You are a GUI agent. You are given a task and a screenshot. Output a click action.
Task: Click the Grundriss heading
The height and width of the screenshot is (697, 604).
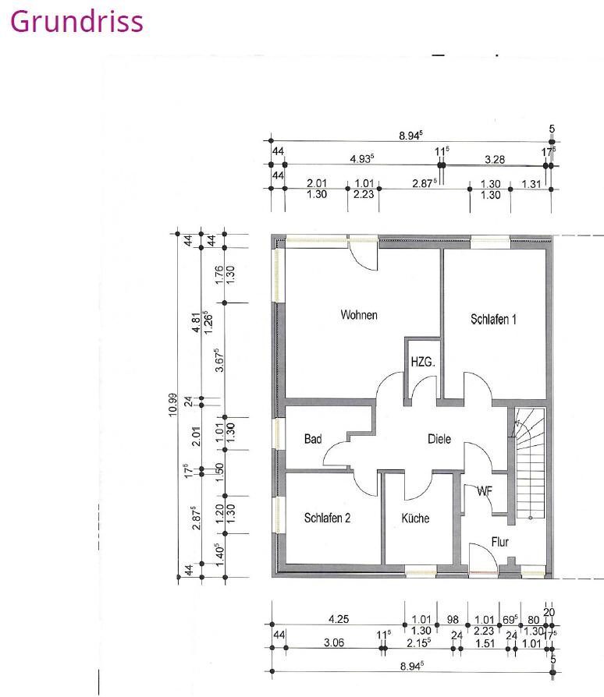click(76, 21)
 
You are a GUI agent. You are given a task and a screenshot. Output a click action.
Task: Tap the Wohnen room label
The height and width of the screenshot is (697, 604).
click(359, 315)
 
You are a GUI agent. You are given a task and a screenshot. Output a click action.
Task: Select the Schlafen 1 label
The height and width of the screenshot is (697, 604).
click(493, 319)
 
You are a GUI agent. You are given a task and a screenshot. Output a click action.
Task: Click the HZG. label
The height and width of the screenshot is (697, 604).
click(422, 363)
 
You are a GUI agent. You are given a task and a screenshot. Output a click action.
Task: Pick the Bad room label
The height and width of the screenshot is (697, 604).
click(313, 440)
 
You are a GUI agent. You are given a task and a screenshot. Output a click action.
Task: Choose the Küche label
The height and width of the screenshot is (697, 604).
click(415, 518)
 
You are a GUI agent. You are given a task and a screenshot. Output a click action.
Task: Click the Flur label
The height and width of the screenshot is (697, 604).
click(500, 540)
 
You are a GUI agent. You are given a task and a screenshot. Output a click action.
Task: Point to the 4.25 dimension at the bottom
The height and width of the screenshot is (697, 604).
click(338, 620)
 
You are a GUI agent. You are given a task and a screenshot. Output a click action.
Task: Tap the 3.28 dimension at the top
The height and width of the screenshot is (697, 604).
click(494, 159)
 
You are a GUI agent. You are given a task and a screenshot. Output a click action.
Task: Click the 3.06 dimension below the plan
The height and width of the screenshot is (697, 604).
click(332, 643)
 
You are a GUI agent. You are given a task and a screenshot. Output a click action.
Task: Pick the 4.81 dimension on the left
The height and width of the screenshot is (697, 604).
click(196, 320)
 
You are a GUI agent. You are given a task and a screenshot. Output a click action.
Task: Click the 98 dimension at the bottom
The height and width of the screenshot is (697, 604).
click(452, 620)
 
